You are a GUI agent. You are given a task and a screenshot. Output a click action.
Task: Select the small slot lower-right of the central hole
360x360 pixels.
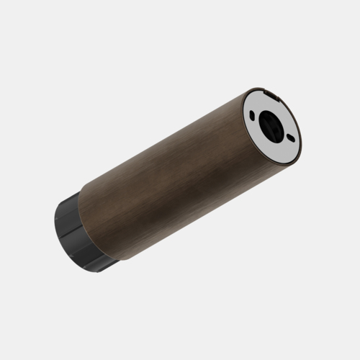click(x=290, y=138)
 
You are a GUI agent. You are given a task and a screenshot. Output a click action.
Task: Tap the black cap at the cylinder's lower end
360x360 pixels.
click(x=76, y=234)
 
